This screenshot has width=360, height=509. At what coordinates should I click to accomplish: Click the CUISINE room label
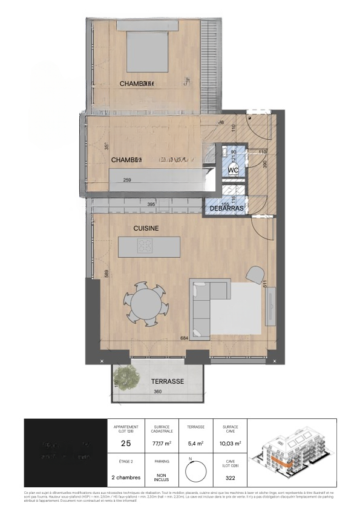point(146,228)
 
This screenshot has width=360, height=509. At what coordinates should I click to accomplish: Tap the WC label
point(233,171)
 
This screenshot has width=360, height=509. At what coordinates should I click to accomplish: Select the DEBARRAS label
point(226,208)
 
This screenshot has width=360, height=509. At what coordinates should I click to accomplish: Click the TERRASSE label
point(167,382)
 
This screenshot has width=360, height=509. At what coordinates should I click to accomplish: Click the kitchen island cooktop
point(145,246)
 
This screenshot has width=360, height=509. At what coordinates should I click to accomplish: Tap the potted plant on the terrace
point(125,377)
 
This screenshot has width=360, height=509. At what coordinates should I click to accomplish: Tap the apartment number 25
point(126,444)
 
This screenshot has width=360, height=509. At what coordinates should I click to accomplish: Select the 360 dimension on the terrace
point(158,392)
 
